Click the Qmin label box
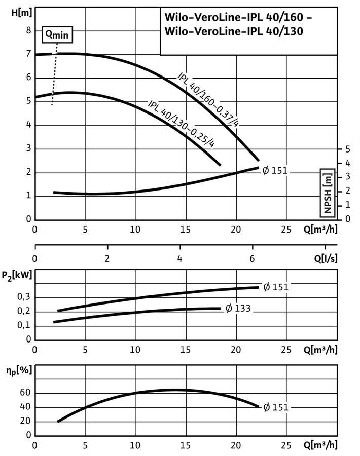[x=57, y=34]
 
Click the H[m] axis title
[x=21, y=13]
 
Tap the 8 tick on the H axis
[x=28, y=30]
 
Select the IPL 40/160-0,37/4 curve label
[x=208, y=100]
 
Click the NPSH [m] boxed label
[x=328, y=193]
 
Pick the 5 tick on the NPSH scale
[x=348, y=149]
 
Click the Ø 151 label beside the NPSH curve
[x=275, y=170]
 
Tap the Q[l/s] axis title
[x=326, y=258]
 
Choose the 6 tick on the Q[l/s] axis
[x=252, y=258]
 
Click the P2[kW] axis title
[x=17, y=275]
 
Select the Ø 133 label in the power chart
[x=238, y=308]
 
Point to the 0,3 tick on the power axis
[x=24, y=297]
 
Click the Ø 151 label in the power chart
[x=276, y=287]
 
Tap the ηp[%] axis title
[x=19, y=371]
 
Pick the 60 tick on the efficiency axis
[x=25, y=393]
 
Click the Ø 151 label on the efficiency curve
[x=276, y=407]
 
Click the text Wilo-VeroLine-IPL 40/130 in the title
[x=234, y=31]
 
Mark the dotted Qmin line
[x=54, y=74]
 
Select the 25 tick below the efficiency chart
[x=286, y=445]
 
